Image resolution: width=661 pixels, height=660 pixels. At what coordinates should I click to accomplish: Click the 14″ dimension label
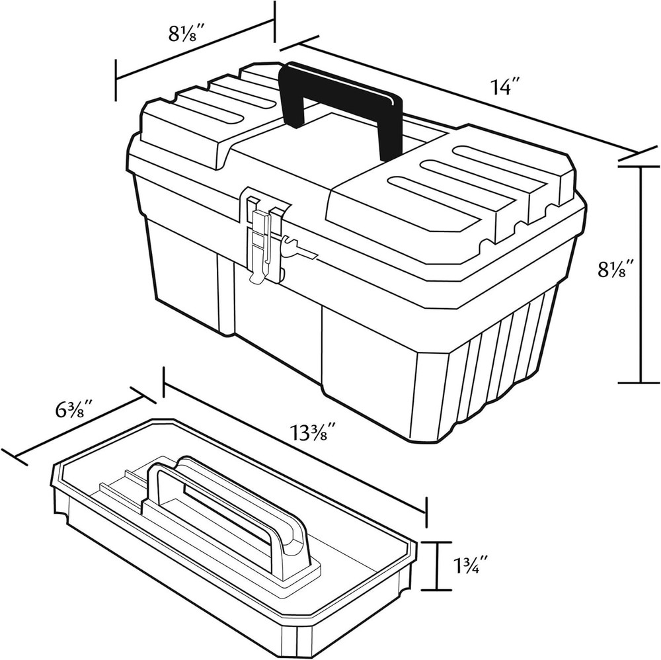tap(506, 87)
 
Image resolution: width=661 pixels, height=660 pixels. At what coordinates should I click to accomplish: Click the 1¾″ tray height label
tap(477, 566)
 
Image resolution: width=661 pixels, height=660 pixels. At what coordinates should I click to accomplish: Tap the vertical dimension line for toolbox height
tap(640, 274)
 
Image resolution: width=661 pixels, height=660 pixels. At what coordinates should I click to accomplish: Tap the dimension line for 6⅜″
tap(79, 427)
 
